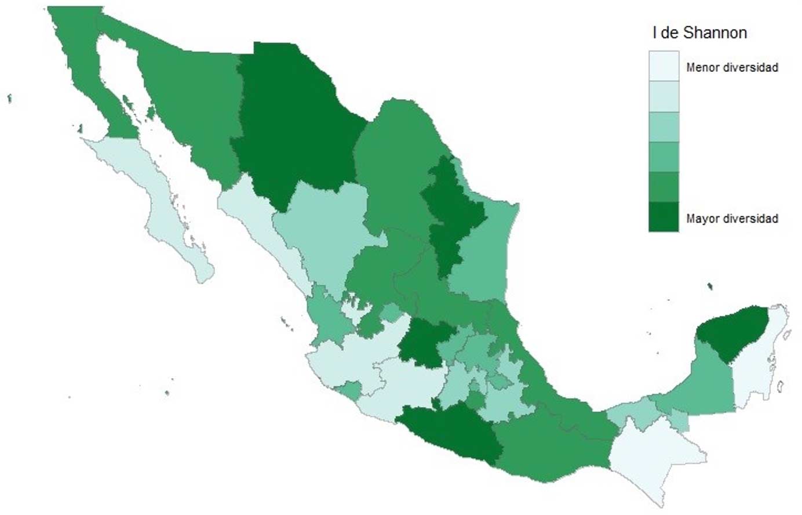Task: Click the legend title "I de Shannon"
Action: (x=699, y=33)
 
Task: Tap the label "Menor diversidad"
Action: (x=731, y=67)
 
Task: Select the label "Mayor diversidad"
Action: (x=731, y=219)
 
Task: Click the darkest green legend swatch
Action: (x=664, y=217)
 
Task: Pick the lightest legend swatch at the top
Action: (x=664, y=66)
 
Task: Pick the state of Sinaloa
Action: (x=261, y=232)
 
